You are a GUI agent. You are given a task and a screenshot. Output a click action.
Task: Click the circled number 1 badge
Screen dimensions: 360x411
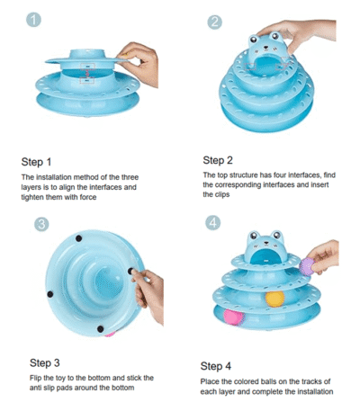coord(33,20)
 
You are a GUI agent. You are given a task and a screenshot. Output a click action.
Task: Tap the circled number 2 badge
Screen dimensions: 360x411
coord(215,22)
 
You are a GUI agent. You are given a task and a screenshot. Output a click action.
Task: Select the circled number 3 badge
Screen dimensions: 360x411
coord(41,224)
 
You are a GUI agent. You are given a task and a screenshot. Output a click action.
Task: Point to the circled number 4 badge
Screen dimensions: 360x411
coord(213,223)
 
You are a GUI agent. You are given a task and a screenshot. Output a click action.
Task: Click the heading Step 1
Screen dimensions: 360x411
coord(36,162)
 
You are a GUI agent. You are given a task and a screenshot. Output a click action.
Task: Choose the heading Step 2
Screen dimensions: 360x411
coord(218,160)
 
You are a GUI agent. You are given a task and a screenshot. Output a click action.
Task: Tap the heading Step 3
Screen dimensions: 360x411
coord(45,362)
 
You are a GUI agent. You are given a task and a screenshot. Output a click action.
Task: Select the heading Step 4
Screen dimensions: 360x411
coord(216,366)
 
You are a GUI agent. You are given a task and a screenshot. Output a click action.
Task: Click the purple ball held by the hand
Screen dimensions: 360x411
coord(307,266)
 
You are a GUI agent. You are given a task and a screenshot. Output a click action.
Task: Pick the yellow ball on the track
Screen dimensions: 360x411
coord(274,299)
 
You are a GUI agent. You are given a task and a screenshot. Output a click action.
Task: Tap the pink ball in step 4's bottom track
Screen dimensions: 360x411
coord(234,317)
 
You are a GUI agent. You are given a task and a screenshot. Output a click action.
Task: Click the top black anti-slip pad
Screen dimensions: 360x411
coord(78,238)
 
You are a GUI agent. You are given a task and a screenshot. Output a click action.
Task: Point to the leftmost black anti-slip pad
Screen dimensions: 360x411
coord(50,294)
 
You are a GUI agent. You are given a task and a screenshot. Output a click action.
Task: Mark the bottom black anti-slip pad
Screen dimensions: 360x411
coord(101,329)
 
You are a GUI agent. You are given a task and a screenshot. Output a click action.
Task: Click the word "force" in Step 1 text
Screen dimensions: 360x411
coord(88,197)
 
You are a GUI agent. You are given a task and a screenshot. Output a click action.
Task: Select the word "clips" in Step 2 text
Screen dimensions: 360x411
coord(222,194)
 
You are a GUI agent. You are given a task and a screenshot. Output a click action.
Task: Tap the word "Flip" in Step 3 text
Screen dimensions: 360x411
coord(36,378)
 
